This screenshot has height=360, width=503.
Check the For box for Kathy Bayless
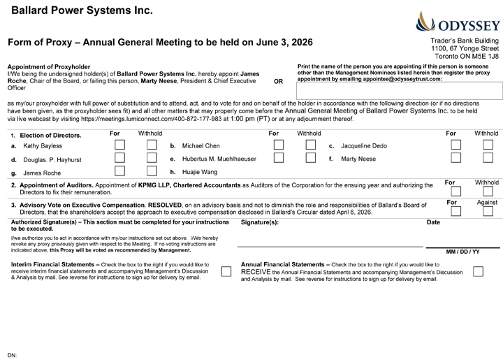[120, 146]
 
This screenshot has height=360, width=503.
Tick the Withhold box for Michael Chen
[311, 146]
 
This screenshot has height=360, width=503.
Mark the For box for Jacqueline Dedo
[457, 146]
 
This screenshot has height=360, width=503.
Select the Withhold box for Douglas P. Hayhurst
[152, 159]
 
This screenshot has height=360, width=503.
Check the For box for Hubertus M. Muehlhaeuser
[279, 159]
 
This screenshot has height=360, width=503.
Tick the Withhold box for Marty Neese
[489, 159]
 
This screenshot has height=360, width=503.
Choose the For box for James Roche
[120, 172]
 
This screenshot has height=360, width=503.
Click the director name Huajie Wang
[199, 172]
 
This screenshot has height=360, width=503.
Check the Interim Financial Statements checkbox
[226, 271]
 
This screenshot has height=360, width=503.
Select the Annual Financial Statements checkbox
[479, 271]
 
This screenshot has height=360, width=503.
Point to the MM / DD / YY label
[462, 252]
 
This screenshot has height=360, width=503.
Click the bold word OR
[278, 82]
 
